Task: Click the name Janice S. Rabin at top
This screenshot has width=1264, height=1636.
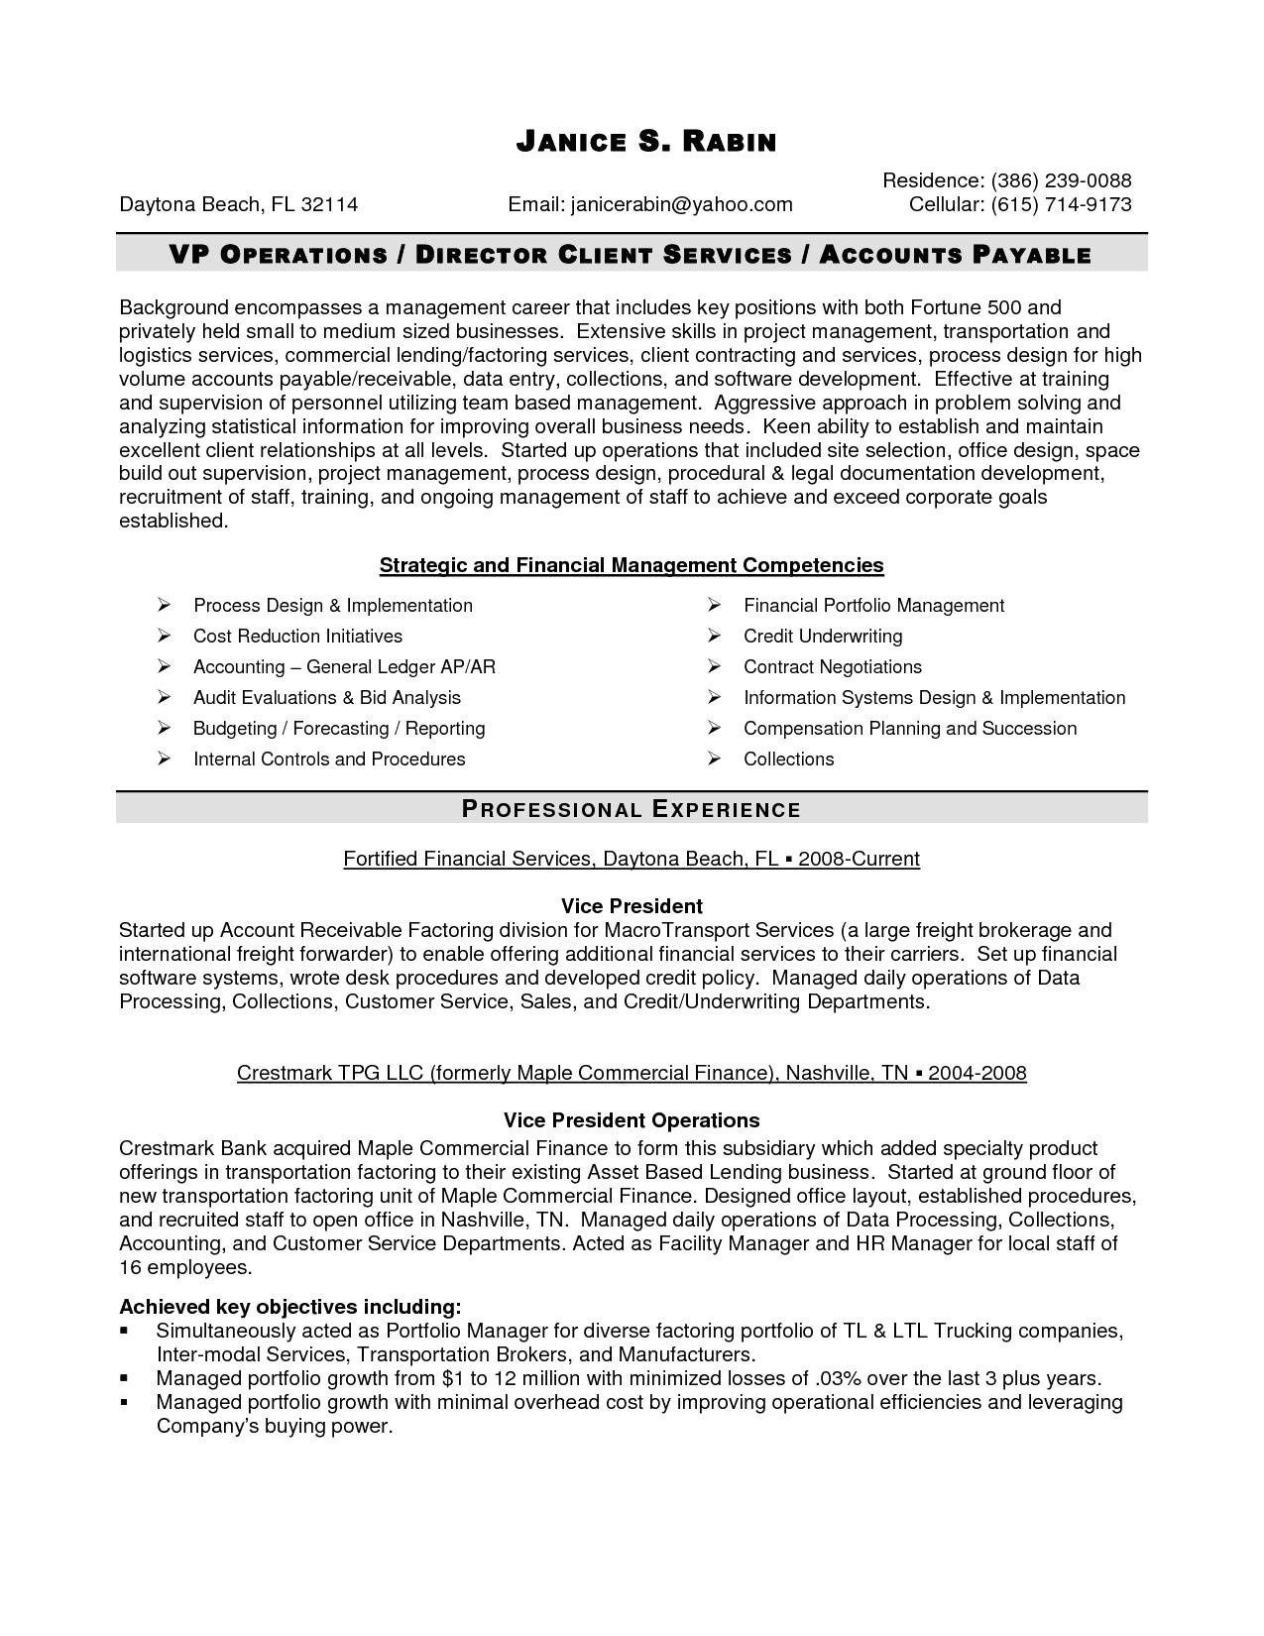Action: pyautogui.click(x=645, y=143)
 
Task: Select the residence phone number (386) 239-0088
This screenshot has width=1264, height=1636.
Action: pyautogui.click(x=1061, y=180)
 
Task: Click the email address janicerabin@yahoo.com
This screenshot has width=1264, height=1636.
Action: pyautogui.click(x=681, y=204)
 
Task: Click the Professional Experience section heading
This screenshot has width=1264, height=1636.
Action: pyautogui.click(x=632, y=809)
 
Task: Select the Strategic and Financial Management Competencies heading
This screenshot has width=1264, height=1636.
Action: pyautogui.click(x=632, y=565)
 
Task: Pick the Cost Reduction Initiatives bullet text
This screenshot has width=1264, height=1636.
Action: pyautogui.click(x=297, y=636)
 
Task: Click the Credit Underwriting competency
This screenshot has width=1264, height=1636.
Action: pyautogui.click(x=823, y=636)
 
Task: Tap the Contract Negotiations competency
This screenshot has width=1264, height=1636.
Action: pyautogui.click(x=833, y=666)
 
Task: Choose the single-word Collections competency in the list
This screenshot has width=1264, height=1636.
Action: pyautogui.click(x=789, y=759)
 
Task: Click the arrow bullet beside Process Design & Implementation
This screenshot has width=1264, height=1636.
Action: pyautogui.click(x=165, y=605)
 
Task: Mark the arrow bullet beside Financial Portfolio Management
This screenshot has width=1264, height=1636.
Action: pyautogui.click(x=714, y=605)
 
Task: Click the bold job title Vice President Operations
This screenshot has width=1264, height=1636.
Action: pyautogui.click(x=632, y=1120)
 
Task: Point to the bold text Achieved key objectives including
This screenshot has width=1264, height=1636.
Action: pyautogui.click(x=289, y=1306)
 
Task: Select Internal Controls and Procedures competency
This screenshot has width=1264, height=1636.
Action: pyautogui.click(x=329, y=759)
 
